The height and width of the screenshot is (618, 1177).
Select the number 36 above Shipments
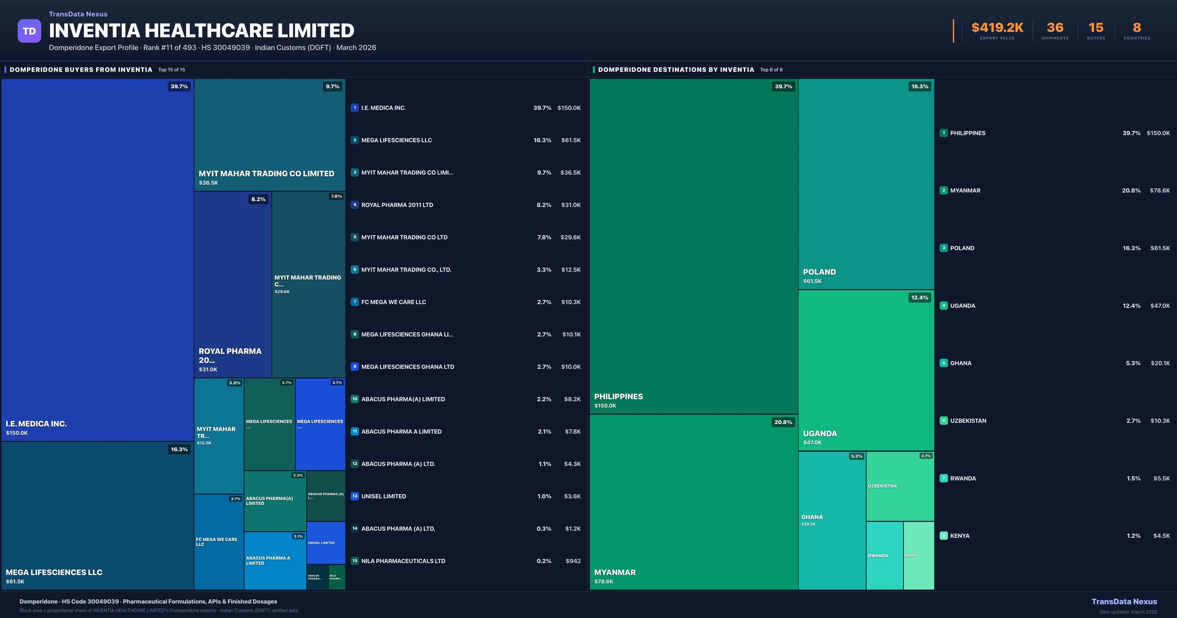coord(1055,28)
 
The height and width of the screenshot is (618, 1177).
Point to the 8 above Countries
coord(1137,28)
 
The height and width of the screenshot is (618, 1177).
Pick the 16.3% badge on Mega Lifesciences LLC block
coord(179,449)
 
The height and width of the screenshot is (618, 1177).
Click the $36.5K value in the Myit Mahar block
coord(208,183)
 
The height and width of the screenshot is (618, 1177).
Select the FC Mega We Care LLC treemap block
coord(218,542)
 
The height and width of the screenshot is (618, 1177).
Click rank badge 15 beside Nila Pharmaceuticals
coord(355,561)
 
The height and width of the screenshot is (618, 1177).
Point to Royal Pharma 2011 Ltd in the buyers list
coord(397,205)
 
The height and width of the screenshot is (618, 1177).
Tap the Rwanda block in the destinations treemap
coord(884,555)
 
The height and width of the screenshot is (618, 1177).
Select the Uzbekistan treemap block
coord(900,486)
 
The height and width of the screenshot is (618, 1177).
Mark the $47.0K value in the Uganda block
coord(812,442)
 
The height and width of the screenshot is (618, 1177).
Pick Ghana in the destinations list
coord(961,363)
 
